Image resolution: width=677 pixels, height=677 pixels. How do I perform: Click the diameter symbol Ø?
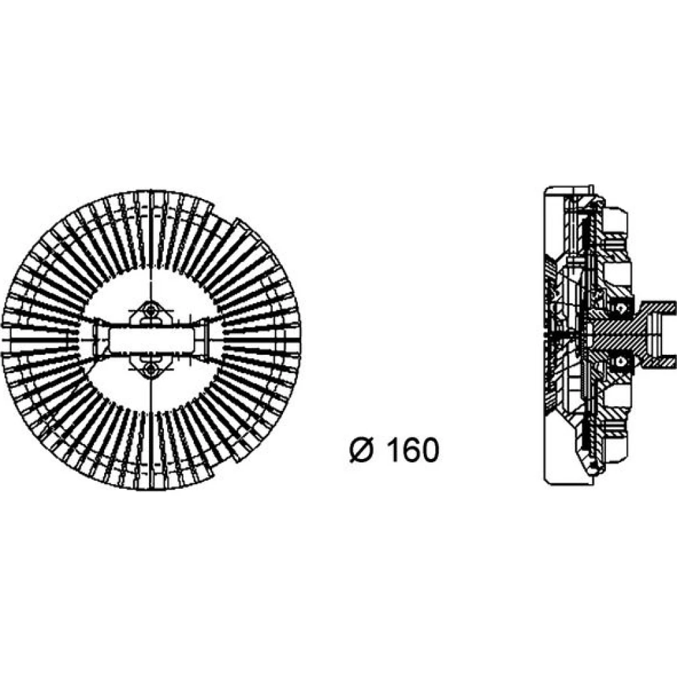click(x=361, y=450)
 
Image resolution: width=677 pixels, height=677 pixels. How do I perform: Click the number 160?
click(x=413, y=450)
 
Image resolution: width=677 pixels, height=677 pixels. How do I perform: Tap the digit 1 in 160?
click(x=393, y=450)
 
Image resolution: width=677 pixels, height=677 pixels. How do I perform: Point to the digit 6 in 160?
click(x=411, y=450)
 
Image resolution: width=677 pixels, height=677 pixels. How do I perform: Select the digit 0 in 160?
click(x=431, y=450)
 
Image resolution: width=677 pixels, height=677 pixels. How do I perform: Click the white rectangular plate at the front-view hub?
click(x=151, y=339)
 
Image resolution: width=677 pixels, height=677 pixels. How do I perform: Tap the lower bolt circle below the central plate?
click(x=150, y=370)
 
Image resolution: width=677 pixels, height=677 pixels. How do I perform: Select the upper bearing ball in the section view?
click(x=621, y=308)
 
